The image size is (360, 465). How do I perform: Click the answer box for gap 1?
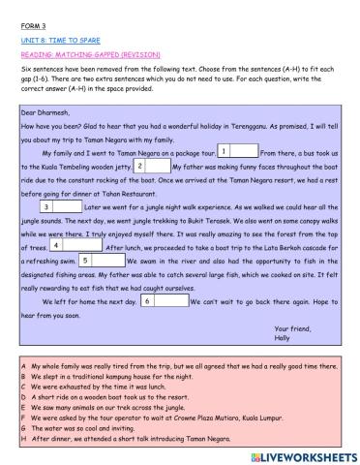pyautogui.click(x=243, y=151)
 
